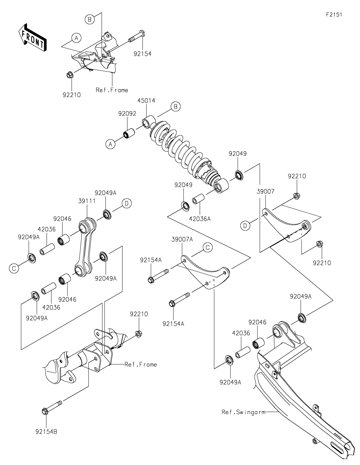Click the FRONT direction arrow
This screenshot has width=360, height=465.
32,38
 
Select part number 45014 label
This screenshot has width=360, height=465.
146,101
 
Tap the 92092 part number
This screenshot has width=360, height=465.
127,114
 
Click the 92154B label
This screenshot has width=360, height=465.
46,431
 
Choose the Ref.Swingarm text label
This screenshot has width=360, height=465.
243,412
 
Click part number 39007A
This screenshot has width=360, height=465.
182,239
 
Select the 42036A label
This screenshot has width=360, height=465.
200,219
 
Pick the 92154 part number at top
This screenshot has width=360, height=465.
142,54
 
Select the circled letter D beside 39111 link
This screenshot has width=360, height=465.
127,203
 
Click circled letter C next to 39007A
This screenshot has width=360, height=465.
208,247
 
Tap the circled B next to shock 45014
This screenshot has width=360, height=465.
175,107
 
